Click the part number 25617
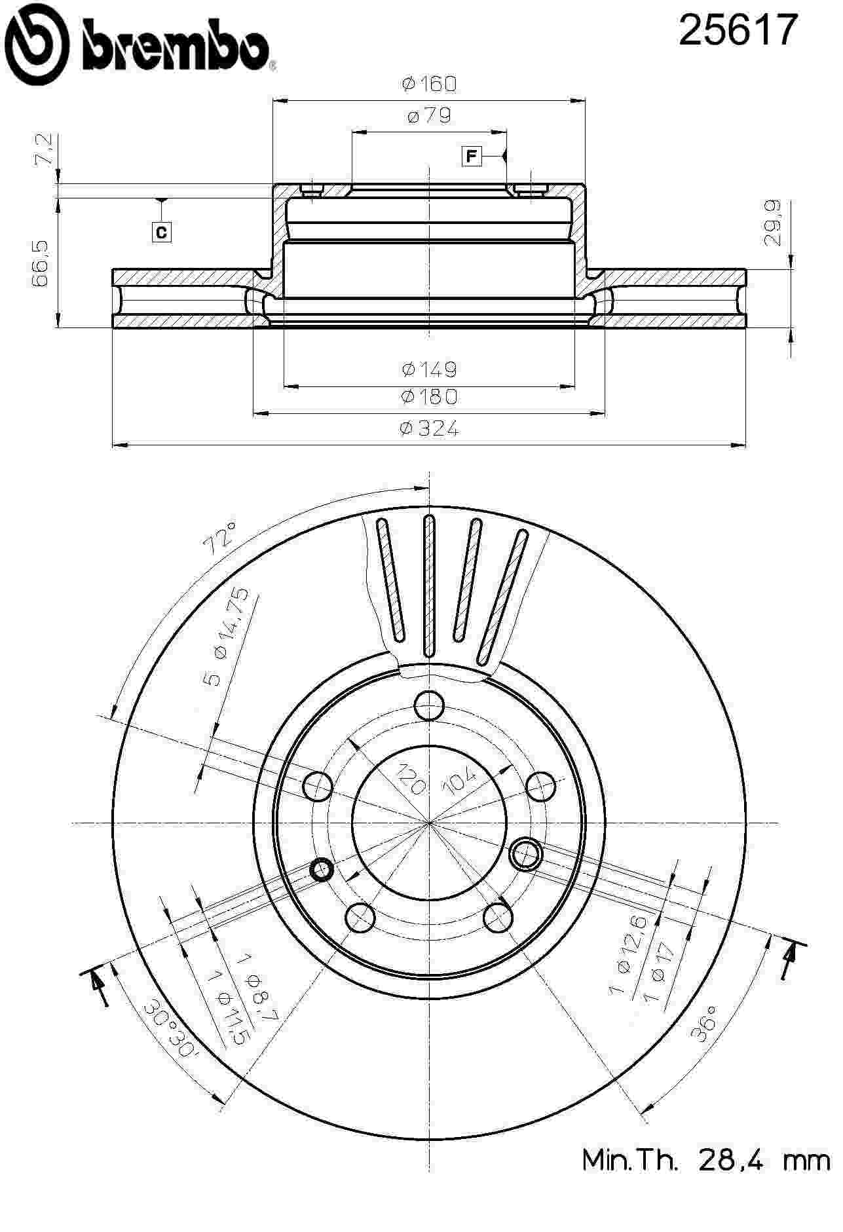tap(738, 31)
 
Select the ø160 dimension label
tap(429, 84)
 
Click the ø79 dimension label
tap(429, 116)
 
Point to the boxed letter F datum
tap(470, 157)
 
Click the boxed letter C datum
tap(161, 232)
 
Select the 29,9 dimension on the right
tap(774, 223)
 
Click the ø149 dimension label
tap(429, 369)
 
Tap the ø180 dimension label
tap(429, 396)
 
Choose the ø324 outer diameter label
tap(429, 428)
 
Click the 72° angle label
tap(221, 537)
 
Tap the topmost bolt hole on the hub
tap(429, 706)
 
